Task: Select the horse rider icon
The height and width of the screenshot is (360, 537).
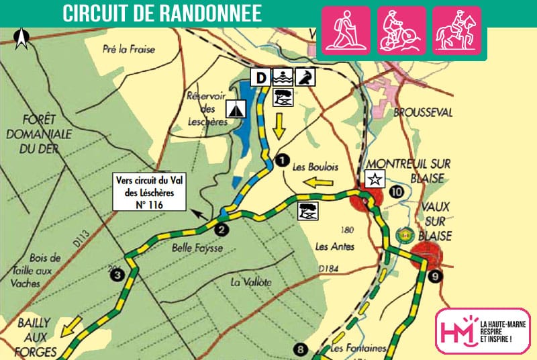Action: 456,30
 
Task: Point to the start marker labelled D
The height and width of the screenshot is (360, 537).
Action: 262,77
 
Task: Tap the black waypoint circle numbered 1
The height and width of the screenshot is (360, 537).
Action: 282,160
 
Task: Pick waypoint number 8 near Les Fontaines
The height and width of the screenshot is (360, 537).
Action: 301,349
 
